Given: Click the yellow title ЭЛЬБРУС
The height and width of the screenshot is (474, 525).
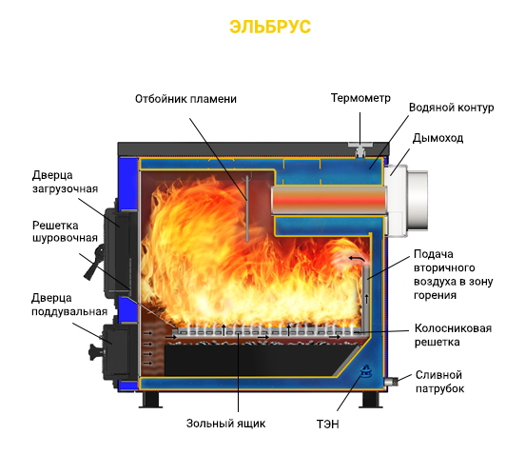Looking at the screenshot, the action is pos(270,27).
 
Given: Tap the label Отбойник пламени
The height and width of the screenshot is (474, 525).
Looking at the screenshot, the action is pos(185,99).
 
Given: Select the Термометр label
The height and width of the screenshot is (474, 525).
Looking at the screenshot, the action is pos(360,98).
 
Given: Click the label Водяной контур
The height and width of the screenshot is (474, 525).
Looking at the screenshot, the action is pos(452,108).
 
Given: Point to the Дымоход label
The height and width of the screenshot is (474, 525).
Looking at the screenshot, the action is pos(437,138).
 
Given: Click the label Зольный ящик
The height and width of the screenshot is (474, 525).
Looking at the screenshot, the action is pos(226,424).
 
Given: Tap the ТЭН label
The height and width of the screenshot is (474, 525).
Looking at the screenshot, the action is pos(328,425).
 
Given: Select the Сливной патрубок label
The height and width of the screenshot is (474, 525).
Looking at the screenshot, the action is pos(439,382).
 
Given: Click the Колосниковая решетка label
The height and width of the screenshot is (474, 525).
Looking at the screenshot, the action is pos(453,335).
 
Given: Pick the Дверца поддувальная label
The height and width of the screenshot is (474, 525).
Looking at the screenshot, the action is pos(69,305).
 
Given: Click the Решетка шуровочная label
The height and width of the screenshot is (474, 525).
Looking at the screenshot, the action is pos(65,231).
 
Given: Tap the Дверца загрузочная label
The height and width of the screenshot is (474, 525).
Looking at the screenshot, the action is pos(65,182).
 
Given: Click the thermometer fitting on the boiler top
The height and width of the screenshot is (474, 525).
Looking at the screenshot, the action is pos(360,149).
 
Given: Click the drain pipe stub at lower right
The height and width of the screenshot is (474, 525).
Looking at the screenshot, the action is pos(391,382).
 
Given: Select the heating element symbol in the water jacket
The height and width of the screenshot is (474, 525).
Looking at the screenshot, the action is pos(365,370).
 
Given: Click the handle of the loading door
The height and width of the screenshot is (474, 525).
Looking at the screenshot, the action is pos(95,263).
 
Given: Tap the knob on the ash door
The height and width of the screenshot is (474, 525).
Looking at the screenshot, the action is pos(96,352).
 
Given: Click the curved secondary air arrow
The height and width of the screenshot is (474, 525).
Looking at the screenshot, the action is pos(357,258).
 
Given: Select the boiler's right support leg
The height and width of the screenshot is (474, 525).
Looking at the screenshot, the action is pos(371,400).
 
